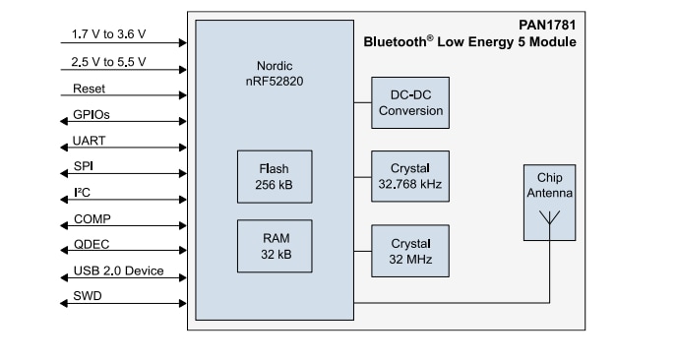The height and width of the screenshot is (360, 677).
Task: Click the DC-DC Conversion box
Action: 410,102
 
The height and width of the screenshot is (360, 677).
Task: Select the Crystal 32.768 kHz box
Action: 410,175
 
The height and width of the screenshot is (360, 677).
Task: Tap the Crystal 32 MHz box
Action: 410,250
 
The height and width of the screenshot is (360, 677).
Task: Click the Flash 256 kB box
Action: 275,175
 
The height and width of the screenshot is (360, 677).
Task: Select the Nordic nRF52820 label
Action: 275,75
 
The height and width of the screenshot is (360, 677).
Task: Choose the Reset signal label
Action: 89,88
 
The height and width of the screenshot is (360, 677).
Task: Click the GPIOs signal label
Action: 92,114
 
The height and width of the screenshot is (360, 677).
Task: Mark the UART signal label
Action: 90,141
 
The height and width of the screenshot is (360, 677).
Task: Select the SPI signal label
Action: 83,166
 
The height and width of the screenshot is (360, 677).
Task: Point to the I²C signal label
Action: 82,193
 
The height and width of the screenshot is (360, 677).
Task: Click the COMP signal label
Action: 91,218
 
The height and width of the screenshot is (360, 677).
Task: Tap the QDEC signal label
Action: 91,245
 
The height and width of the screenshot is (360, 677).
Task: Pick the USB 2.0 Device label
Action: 118,270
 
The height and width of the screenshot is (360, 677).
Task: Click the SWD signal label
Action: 88,296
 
